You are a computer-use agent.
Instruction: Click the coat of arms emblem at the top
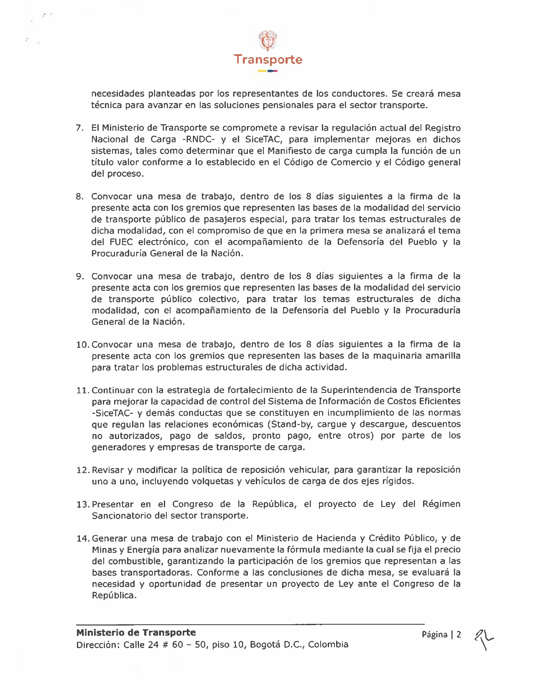pos(268,41)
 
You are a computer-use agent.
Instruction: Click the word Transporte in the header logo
pos(268,59)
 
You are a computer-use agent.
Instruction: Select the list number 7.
pos(80,128)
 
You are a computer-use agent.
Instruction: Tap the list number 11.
pos(83,390)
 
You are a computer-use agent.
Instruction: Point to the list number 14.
pos(83,539)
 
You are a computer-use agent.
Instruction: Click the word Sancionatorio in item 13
pos(121,516)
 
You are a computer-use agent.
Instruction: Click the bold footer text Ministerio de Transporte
pos(136,633)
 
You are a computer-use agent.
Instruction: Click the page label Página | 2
pos(441,635)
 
